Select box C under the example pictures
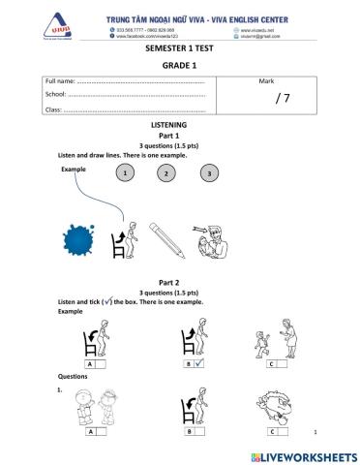tap(277, 364)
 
